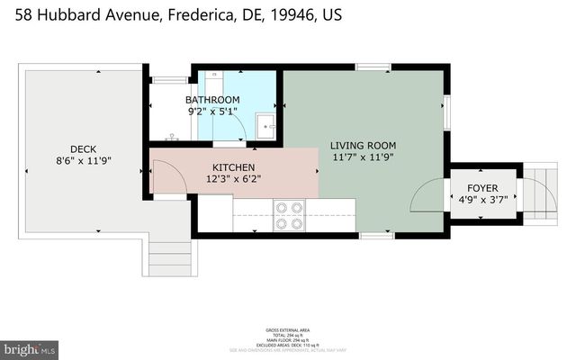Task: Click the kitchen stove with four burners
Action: click(x=289, y=216)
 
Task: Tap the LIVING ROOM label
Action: click(x=363, y=145)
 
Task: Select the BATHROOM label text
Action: click(x=212, y=100)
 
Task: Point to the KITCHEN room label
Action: click(x=233, y=168)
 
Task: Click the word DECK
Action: click(x=83, y=149)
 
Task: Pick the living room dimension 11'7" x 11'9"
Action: click(x=363, y=157)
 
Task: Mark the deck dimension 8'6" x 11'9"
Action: click(x=83, y=162)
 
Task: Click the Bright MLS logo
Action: click(x=30, y=348)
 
